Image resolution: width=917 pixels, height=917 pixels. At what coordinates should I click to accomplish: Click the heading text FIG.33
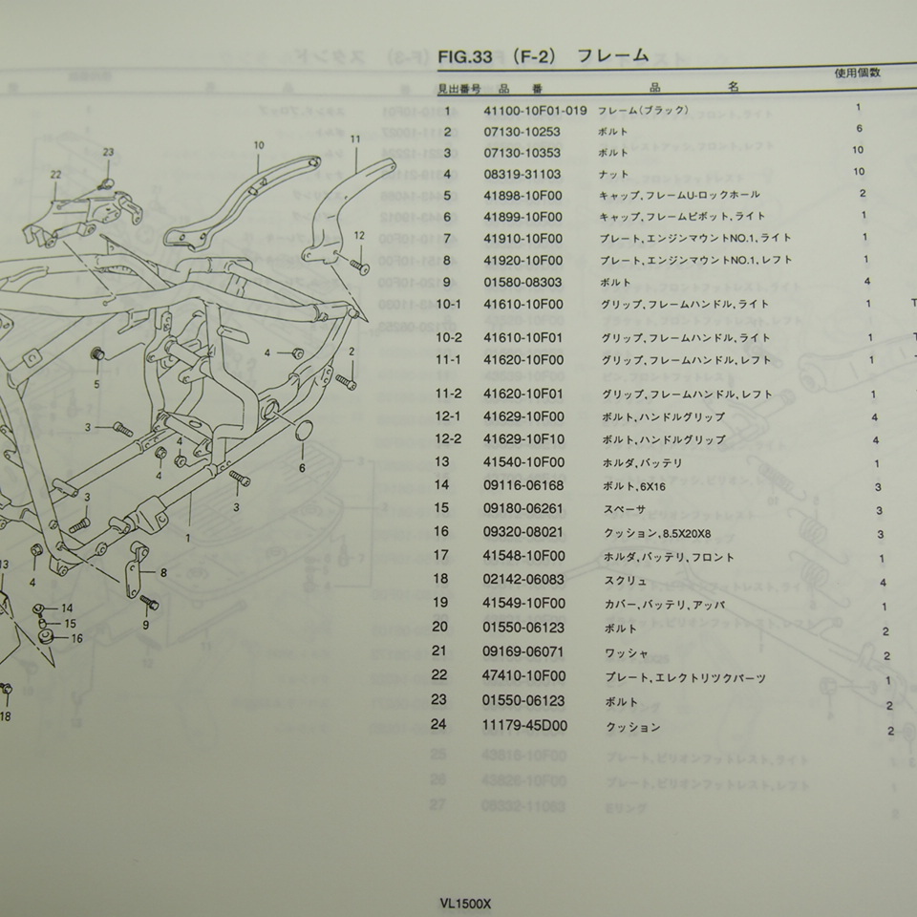(465, 57)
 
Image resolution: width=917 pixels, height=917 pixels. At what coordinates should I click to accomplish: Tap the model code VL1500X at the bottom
(465, 901)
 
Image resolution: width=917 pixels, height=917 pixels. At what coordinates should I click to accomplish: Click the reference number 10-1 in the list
(448, 305)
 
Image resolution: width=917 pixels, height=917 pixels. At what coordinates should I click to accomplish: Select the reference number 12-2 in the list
(448, 440)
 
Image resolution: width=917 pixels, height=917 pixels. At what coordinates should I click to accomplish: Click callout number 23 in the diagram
(108, 153)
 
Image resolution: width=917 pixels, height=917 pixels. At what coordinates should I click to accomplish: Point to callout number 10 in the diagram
(258, 145)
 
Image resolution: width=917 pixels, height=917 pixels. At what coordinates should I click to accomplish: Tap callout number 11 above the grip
(354, 139)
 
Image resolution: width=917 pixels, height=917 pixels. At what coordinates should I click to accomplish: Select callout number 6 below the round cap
(302, 468)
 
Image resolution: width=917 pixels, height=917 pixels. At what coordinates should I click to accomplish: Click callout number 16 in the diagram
(75, 638)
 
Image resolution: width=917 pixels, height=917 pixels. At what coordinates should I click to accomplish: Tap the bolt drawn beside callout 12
(358, 263)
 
